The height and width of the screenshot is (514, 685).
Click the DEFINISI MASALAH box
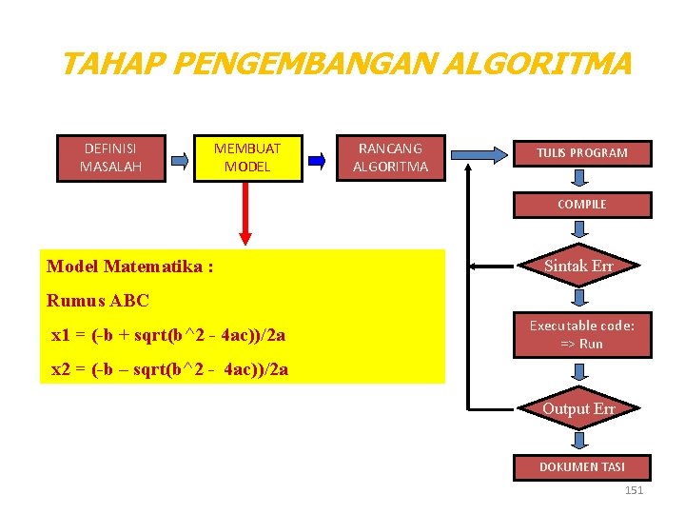coord(110,158)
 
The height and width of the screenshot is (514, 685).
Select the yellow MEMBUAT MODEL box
coord(247,158)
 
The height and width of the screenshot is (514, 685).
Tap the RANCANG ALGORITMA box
coord(390,158)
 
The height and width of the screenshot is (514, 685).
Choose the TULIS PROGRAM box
coord(581,153)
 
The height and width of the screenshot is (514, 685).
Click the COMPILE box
coord(581,205)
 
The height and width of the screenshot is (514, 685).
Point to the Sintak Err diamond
coord(578,267)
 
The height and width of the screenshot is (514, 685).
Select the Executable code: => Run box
coord(581,334)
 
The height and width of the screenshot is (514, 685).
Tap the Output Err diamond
coord(578,408)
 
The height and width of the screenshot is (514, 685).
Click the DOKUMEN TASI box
coord(581,466)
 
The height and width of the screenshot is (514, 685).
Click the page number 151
coord(634,490)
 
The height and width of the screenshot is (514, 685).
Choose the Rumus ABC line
coord(98,301)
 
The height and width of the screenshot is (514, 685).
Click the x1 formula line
coord(168,335)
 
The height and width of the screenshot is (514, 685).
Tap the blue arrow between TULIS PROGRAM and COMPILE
coord(579,179)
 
